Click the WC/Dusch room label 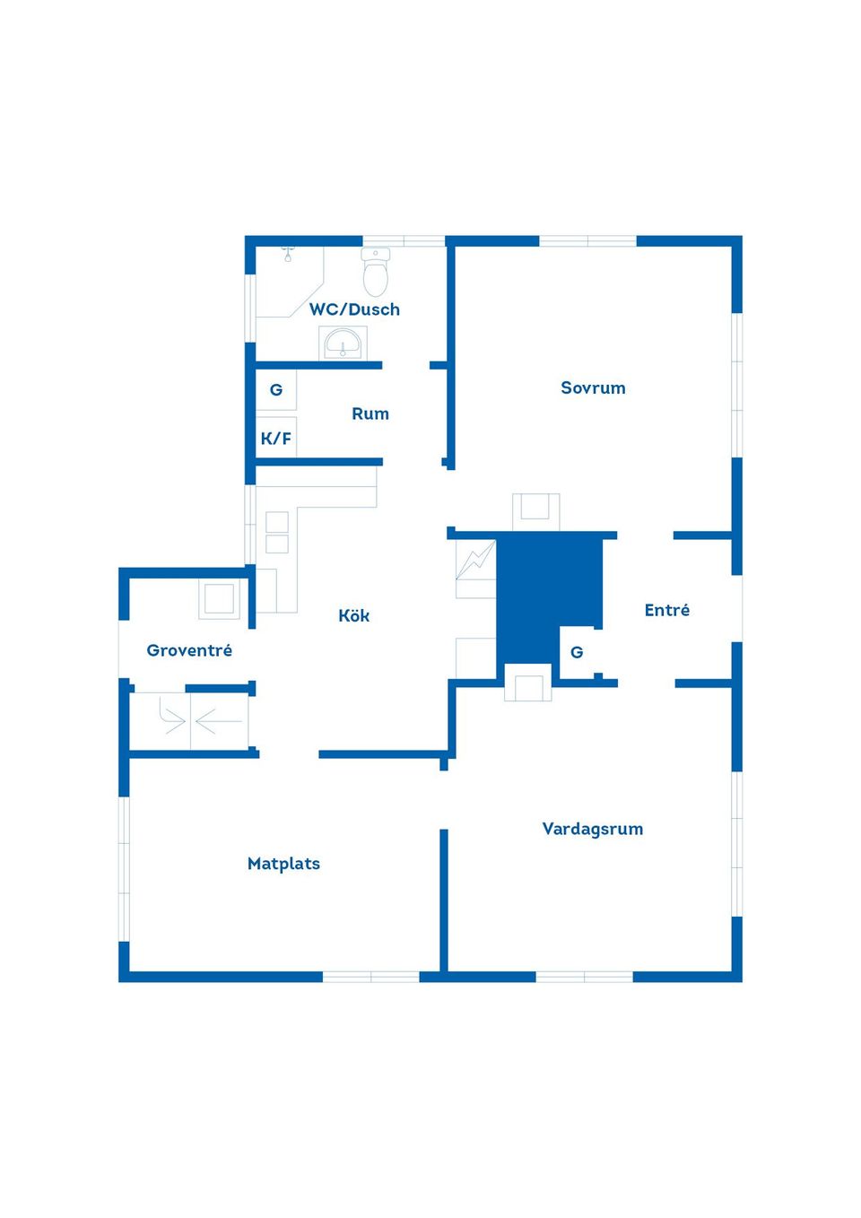[x=354, y=309]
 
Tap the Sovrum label [x=593, y=387]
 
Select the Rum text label [x=370, y=413]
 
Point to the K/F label [x=276, y=439]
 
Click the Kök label [x=354, y=615]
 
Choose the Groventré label [x=189, y=649]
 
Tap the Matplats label [x=283, y=864]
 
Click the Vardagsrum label [x=593, y=829]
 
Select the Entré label [x=667, y=610]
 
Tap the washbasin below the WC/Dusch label [x=343, y=344]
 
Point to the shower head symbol [x=288, y=254]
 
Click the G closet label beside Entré [x=577, y=652]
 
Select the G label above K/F [x=276, y=390]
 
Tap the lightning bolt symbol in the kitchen [x=475, y=561]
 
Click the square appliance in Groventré [x=219, y=599]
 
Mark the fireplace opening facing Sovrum [x=536, y=511]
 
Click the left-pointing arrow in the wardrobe [x=219, y=721]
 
